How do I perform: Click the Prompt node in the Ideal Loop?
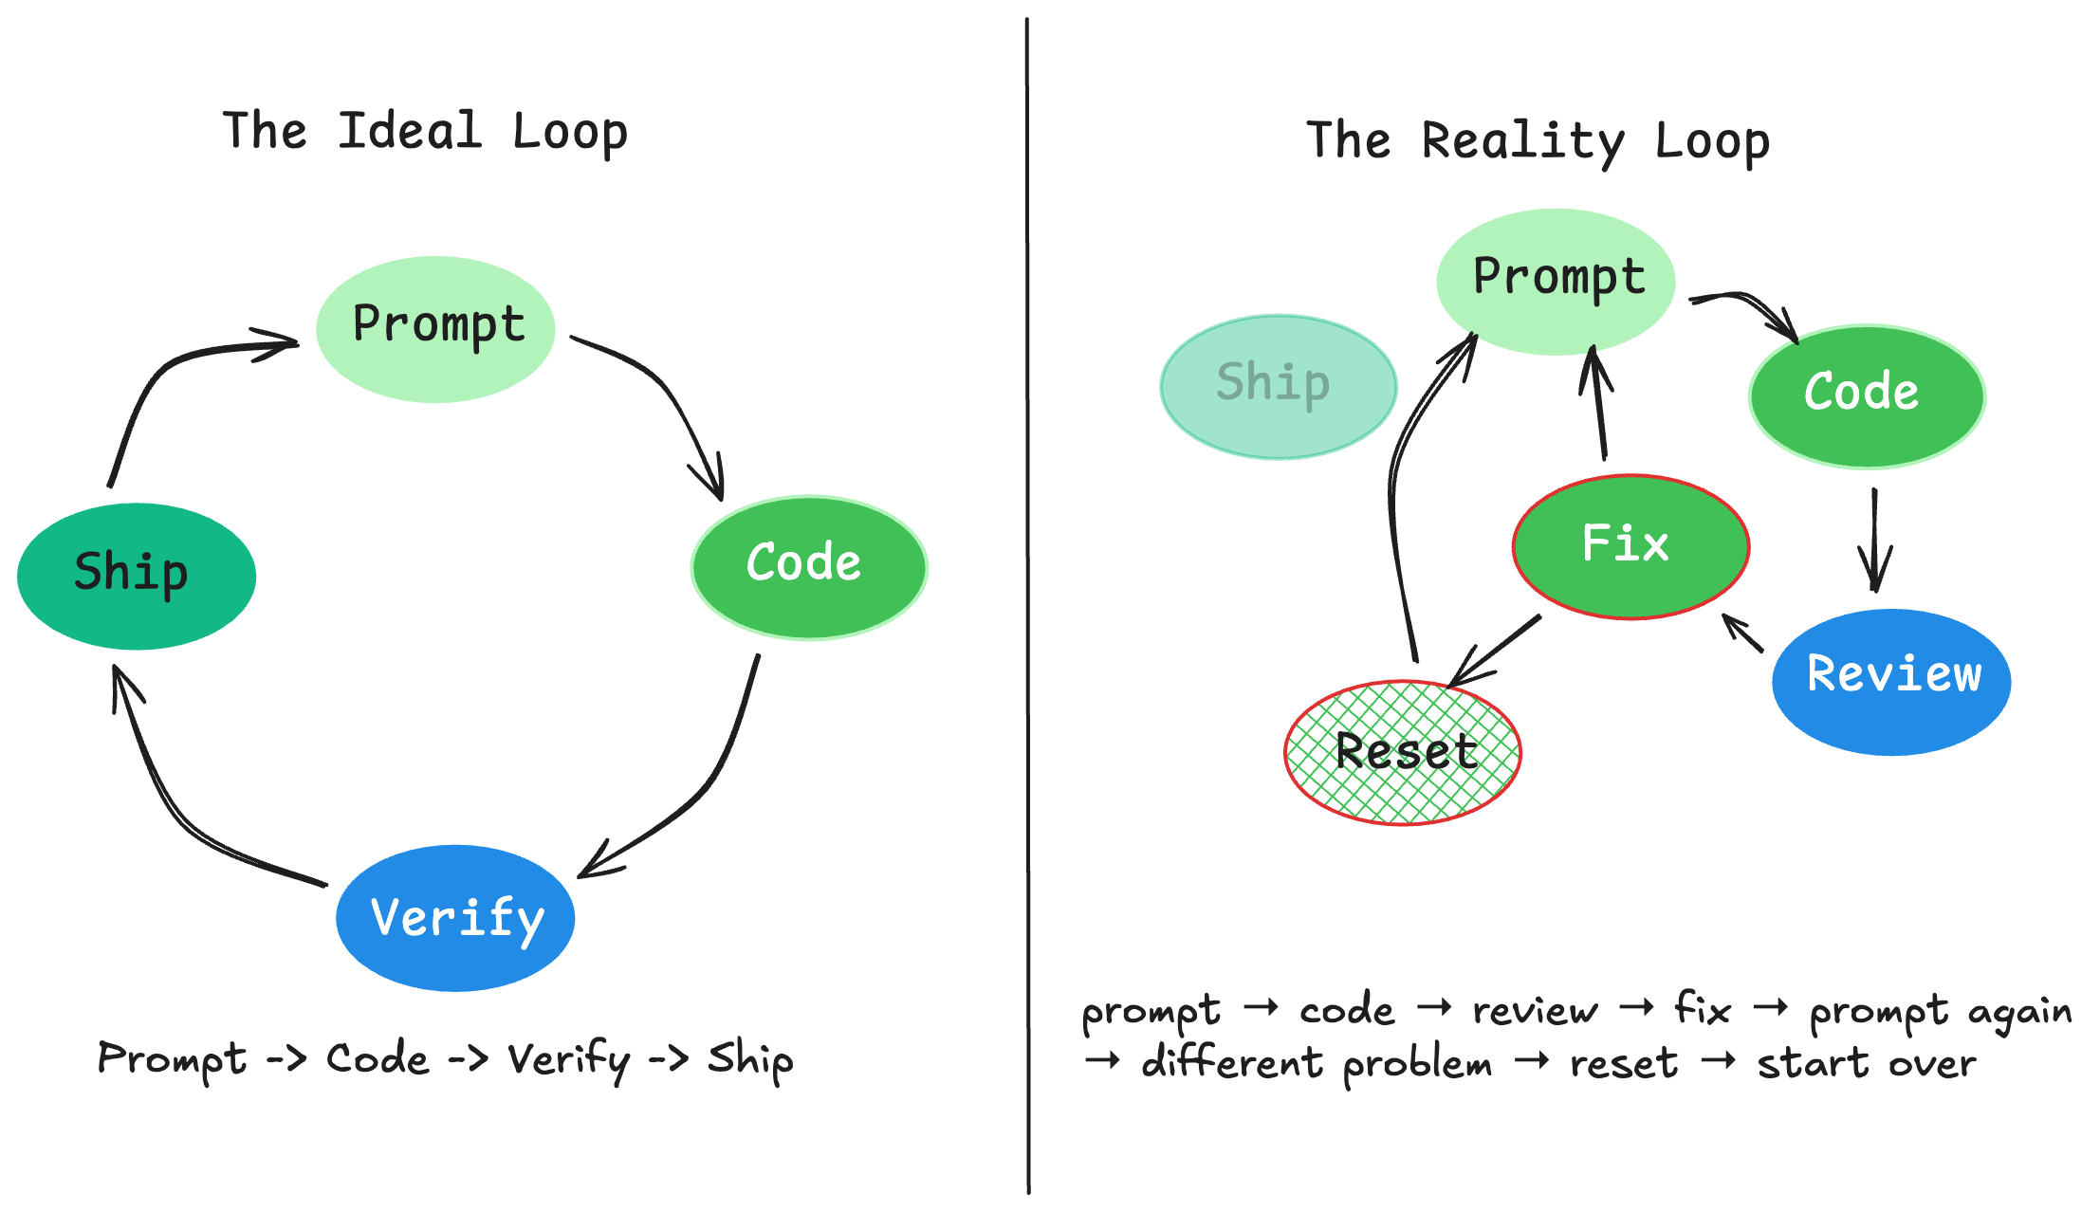tap(435, 329)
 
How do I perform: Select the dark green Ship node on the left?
tap(137, 576)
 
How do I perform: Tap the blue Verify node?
tap(455, 918)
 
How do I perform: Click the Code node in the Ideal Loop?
tap(808, 567)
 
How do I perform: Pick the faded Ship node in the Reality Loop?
tap(1278, 387)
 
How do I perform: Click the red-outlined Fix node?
tap(1630, 546)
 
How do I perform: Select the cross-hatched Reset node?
tap(1402, 753)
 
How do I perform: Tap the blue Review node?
tap(1891, 681)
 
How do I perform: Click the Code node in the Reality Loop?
tap(1866, 396)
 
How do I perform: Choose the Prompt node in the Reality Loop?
tap(1556, 282)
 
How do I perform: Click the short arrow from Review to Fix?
tap(1743, 634)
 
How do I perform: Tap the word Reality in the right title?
tap(1522, 141)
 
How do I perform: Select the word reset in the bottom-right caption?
tap(1623, 1064)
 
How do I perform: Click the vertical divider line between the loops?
tap(1027, 607)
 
